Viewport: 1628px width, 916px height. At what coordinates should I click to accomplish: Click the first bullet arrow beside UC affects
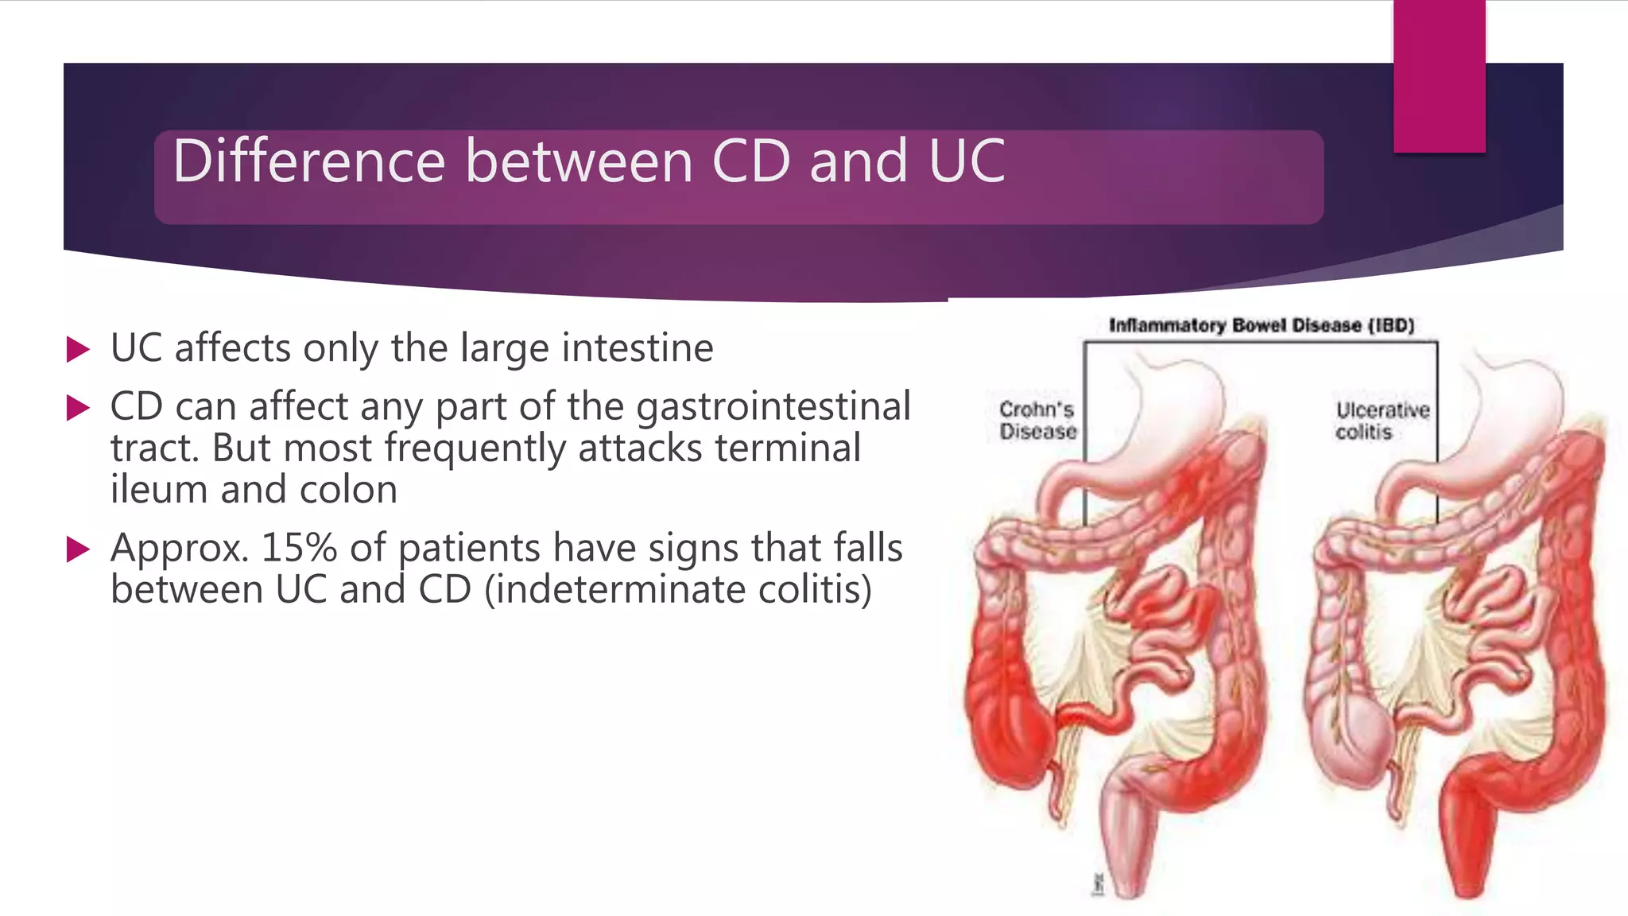[78, 349]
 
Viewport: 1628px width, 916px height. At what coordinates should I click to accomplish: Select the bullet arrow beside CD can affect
[78, 408]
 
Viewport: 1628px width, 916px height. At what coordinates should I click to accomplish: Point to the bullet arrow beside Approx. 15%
[78, 549]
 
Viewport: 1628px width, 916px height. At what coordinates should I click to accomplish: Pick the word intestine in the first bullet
[637, 348]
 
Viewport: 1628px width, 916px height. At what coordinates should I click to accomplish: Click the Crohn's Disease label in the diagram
[1037, 421]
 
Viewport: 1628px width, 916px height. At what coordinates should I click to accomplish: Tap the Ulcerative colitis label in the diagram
[1382, 421]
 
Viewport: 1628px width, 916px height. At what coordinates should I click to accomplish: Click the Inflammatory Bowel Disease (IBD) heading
[1262, 325]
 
